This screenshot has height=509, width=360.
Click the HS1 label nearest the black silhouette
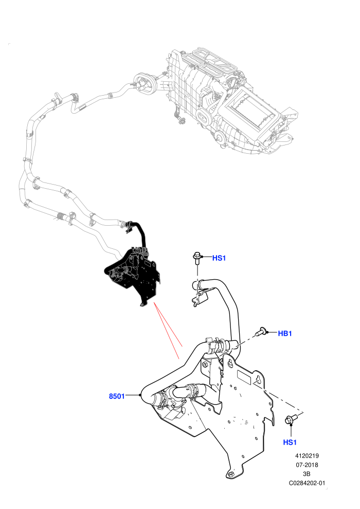tap(219, 258)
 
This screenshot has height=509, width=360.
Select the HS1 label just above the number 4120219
tap(290, 442)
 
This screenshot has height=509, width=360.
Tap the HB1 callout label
tap(285, 333)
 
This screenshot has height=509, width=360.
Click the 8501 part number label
tap(117, 396)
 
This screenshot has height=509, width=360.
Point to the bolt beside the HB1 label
tap(261, 332)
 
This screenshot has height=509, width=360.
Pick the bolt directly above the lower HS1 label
tap(290, 420)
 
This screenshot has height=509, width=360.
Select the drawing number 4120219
tap(307, 456)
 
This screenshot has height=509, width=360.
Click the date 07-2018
tap(307, 465)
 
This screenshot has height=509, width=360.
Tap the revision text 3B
tap(307, 474)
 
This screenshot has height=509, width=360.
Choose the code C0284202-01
tap(307, 483)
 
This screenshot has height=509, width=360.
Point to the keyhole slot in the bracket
tap(259, 379)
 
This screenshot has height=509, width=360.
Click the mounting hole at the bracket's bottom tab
tap(231, 474)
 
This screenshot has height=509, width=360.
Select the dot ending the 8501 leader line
tap(140, 395)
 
